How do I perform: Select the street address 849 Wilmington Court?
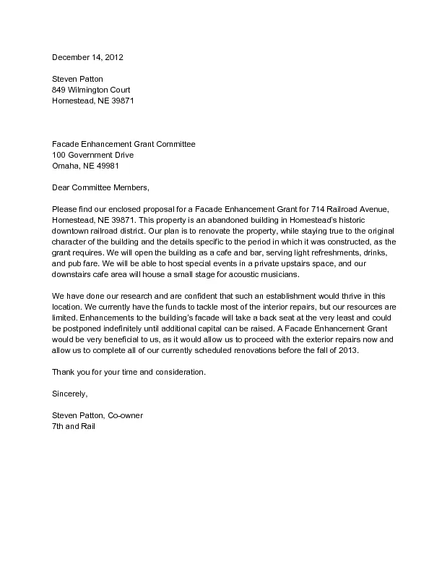point(91,90)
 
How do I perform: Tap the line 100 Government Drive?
point(92,155)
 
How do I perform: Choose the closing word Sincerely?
point(69,394)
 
